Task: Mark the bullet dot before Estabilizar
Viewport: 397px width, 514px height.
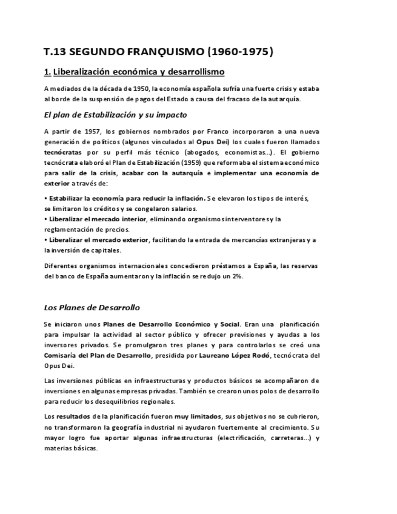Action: point(46,198)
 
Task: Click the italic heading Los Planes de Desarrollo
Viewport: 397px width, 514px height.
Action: point(92,307)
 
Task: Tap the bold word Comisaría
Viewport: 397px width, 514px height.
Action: point(62,355)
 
